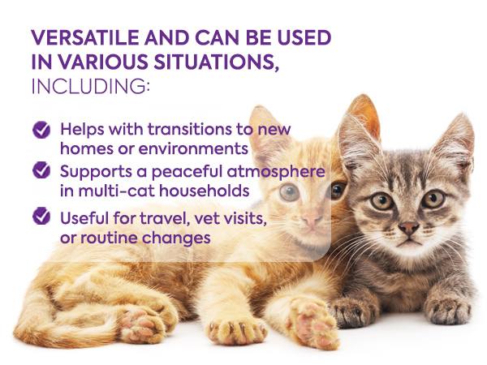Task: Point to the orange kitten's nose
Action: (311, 220)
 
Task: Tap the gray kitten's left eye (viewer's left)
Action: (381, 200)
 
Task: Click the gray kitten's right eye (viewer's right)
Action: (433, 198)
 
